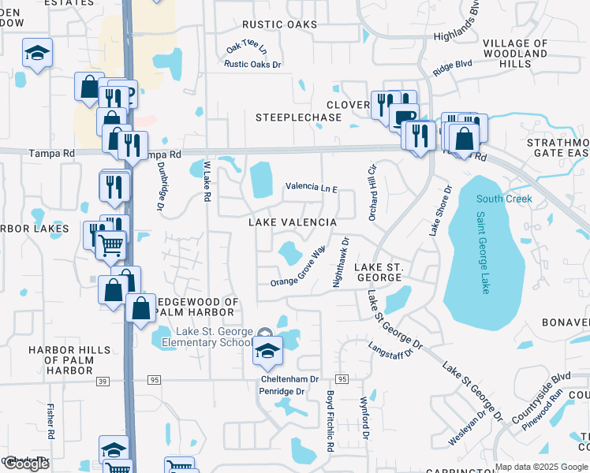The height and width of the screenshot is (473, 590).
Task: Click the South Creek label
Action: point(504,199)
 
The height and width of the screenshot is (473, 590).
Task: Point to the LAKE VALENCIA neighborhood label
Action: point(293,223)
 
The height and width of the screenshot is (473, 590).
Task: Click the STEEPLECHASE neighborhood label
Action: point(298,117)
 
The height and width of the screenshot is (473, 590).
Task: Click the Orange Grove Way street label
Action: point(298,268)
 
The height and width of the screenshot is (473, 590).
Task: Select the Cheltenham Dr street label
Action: point(289,379)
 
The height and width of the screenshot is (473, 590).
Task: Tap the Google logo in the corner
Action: point(25,464)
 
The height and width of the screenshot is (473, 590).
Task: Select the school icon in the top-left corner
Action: point(37,54)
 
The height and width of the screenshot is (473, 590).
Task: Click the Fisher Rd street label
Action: point(50,421)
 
